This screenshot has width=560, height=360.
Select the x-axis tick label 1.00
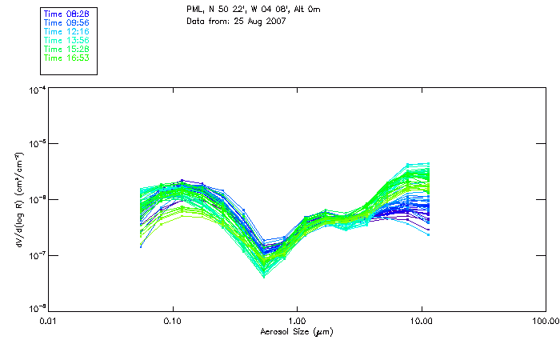click(x=297, y=322)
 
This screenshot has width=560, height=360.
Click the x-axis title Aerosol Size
click(x=297, y=331)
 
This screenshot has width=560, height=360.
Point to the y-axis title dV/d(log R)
click(x=18, y=199)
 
